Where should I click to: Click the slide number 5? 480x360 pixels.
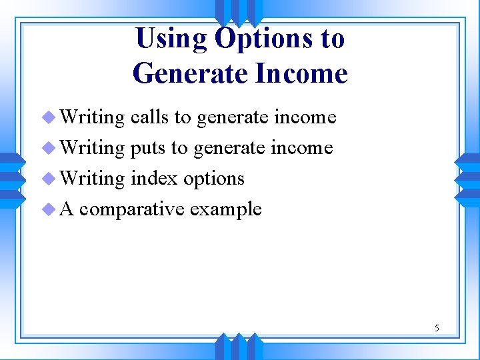tap(437, 328)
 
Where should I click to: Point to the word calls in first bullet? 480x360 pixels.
tap(149, 117)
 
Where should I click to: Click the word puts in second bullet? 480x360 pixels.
tap(149, 148)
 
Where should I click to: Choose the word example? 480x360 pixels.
tap(225, 209)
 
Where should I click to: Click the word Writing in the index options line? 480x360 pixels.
tap(92, 179)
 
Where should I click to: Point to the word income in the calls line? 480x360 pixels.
tap(305, 117)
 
